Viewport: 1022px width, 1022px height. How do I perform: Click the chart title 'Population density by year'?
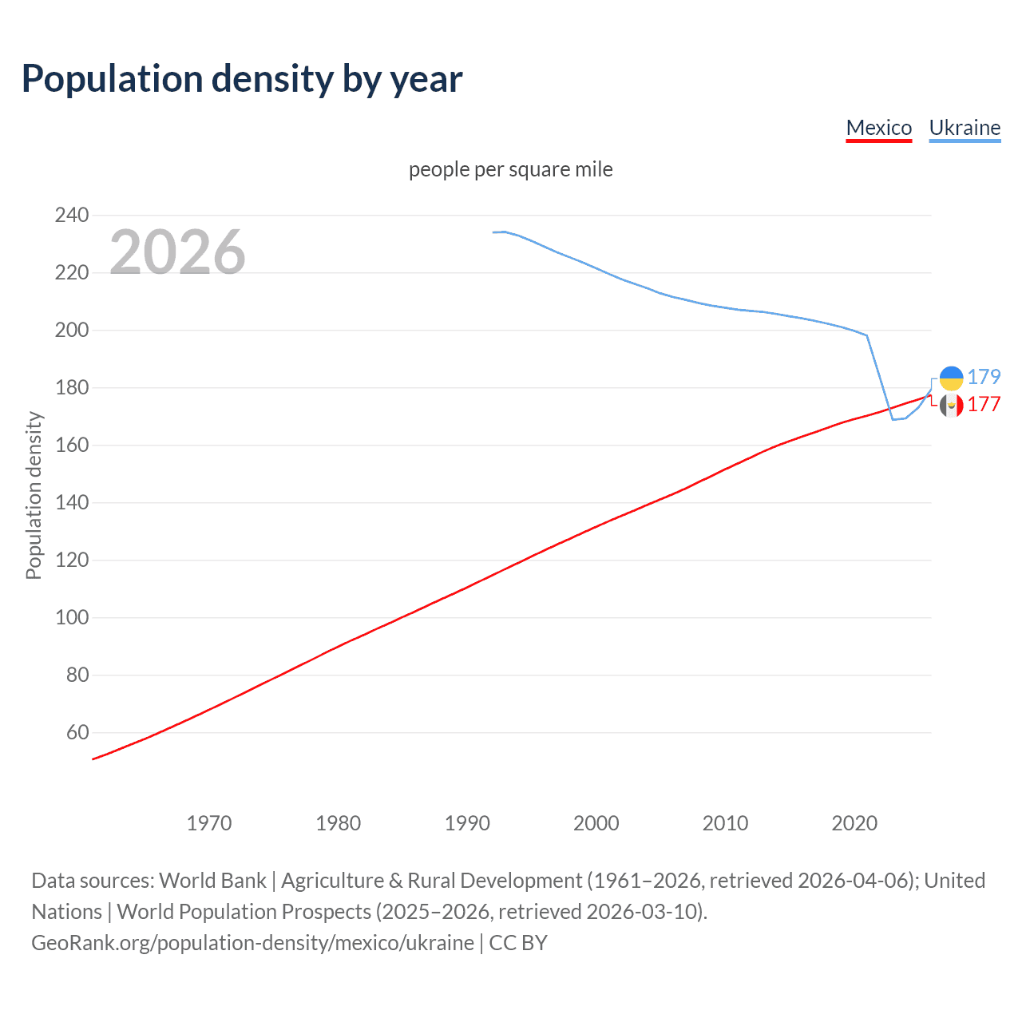(x=242, y=78)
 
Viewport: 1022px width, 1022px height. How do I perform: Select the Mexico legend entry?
(x=878, y=128)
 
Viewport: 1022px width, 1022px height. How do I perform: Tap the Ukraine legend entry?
(x=965, y=128)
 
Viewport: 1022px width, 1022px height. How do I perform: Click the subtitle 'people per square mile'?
(x=511, y=169)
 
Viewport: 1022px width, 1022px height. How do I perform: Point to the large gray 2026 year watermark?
(x=177, y=252)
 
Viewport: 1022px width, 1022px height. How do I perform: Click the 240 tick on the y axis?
(x=72, y=215)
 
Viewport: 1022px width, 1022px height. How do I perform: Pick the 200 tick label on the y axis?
(x=72, y=330)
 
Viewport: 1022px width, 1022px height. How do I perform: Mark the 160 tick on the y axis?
(x=72, y=445)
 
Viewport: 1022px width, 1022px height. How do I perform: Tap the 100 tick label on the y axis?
(x=72, y=617)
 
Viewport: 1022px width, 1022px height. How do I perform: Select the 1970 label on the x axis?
(x=209, y=823)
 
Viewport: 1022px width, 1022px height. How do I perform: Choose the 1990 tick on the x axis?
(x=467, y=823)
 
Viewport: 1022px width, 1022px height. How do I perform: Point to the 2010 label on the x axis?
(x=725, y=823)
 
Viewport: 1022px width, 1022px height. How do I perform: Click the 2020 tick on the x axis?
(x=854, y=823)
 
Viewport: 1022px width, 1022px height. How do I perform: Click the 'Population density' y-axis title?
(x=34, y=495)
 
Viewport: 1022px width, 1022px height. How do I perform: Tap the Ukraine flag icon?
(x=951, y=378)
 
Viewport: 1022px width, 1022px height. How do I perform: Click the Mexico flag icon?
(x=951, y=405)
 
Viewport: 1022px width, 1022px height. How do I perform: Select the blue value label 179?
(x=984, y=377)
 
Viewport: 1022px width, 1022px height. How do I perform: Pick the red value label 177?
(x=984, y=404)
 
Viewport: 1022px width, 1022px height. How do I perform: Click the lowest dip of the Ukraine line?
(x=893, y=418)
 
